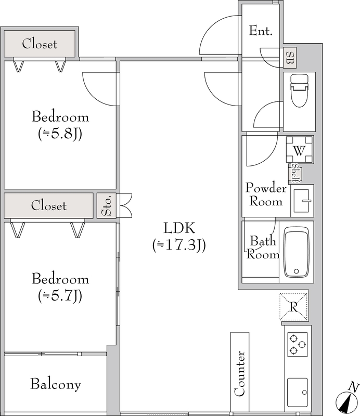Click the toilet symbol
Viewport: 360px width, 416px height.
[x=300, y=90]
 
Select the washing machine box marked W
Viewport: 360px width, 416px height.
[x=299, y=149]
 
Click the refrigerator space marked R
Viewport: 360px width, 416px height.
[x=293, y=307]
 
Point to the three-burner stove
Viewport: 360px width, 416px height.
[x=298, y=345]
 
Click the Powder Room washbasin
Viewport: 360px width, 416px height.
[x=302, y=201]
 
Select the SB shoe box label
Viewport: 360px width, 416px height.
[x=290, y=58]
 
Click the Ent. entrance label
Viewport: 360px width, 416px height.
[x=261, y=31]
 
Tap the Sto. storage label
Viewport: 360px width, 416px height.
[x=107, y=206]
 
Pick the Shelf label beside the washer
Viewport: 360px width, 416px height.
[x=294, y=173]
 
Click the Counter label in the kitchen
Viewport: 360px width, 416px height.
[x=240, y=373]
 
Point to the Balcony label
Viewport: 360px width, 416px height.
[x=56, y=384]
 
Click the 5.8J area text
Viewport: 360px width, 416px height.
[x=60, y=134]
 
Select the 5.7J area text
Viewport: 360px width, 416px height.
[x=60, y=296]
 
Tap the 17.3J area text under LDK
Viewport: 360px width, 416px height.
[x=179, y=245]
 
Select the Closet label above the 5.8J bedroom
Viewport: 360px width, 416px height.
[x=40, y=44]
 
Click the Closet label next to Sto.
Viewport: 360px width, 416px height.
[x=48, y=205]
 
